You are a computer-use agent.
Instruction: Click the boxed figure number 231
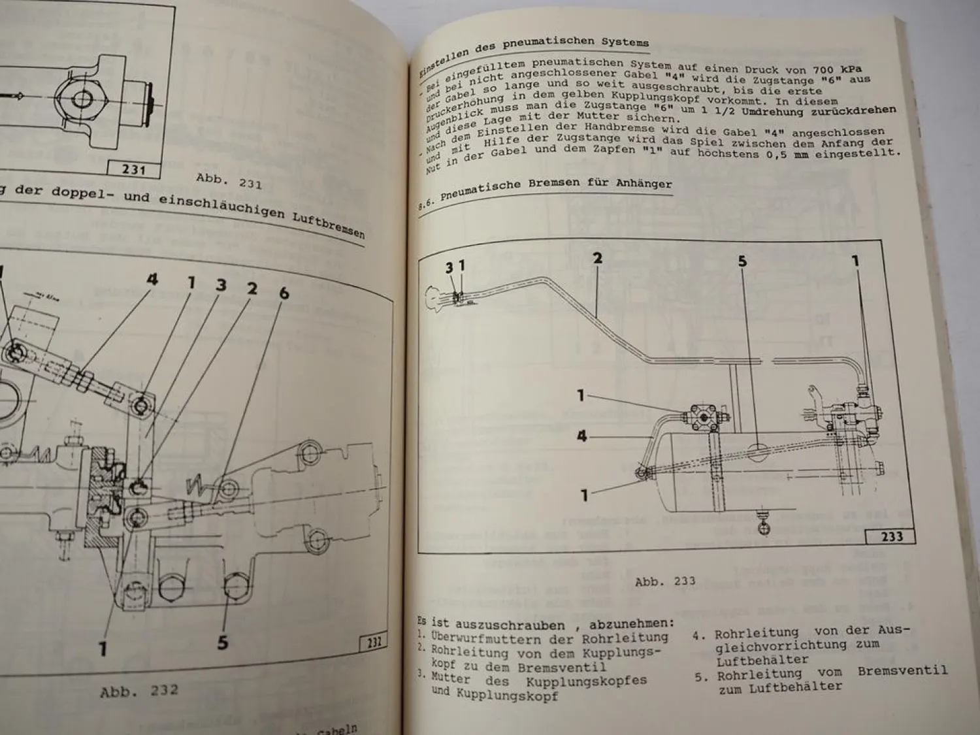click(x=133, y=169)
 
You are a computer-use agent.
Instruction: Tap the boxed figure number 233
click(x=891, y=536)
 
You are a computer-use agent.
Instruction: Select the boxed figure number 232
click(x=374, y=642)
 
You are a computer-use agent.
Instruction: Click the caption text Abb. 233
click(x=665, y=581)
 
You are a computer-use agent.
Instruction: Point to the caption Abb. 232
click(x=139, y=691)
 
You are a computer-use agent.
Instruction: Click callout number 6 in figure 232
click(x=284, y=293)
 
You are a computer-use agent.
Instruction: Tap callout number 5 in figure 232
click(x=223, y=642)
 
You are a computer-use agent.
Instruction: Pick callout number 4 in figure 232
click(x=152, y=280)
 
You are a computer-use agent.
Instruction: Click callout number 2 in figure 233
click(x=597, y=258)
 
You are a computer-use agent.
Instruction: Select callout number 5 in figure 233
click(x=742, y=261)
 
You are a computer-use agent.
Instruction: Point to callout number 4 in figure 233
click(x=582, y=436)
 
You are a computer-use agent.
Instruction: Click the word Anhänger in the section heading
click(x=644, y=183)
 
